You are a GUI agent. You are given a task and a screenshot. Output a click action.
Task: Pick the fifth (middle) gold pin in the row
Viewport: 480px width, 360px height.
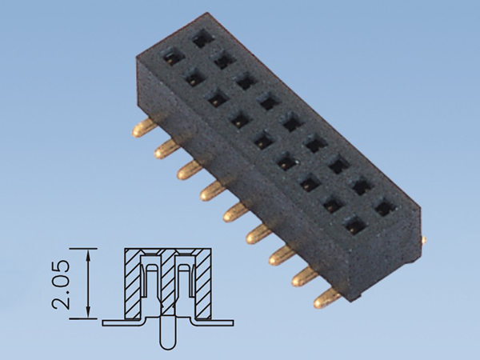click(x=234, y=213)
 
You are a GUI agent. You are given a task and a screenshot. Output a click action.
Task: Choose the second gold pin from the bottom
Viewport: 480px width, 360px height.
click(x=305, y=278)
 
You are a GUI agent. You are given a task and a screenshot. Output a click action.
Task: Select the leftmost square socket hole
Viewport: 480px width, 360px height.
click(x=170, y=57)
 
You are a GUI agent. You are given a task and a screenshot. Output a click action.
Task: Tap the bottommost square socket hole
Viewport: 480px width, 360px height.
click(x=353, y=227)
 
